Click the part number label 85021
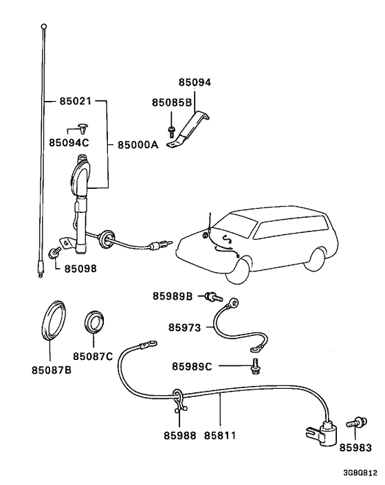pos(76,102)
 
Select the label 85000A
pos(137,145)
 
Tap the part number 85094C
pos(69,142)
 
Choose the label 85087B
pos(50,370)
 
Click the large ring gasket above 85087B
pos(52,319)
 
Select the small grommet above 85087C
pos(93,322)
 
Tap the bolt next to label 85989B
pos(213,297)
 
